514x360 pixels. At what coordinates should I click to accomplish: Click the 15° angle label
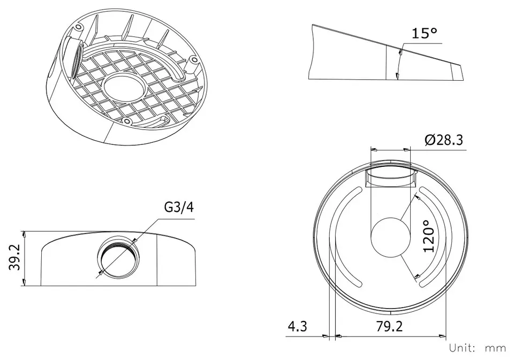(x=425, y=33)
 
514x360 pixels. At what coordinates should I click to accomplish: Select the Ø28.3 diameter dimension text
(x=444, y=140)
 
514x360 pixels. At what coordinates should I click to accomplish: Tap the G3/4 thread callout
(x=179, y=207)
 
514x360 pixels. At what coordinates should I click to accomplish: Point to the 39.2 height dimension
(x=15, y=258)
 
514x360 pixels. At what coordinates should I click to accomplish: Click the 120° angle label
(x=429, y=236)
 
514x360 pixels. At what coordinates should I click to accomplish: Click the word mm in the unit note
(x=495, y=348)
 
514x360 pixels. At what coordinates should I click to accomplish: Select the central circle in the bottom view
(x=390, y=237)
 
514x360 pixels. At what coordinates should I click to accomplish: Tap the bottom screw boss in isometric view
(x=126, y=121)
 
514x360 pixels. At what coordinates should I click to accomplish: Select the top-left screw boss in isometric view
(x=78, y=27)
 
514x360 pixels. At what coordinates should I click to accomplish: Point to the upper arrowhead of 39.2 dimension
(x=24, y=234)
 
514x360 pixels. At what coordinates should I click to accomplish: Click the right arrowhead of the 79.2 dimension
(x=442, y=336)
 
